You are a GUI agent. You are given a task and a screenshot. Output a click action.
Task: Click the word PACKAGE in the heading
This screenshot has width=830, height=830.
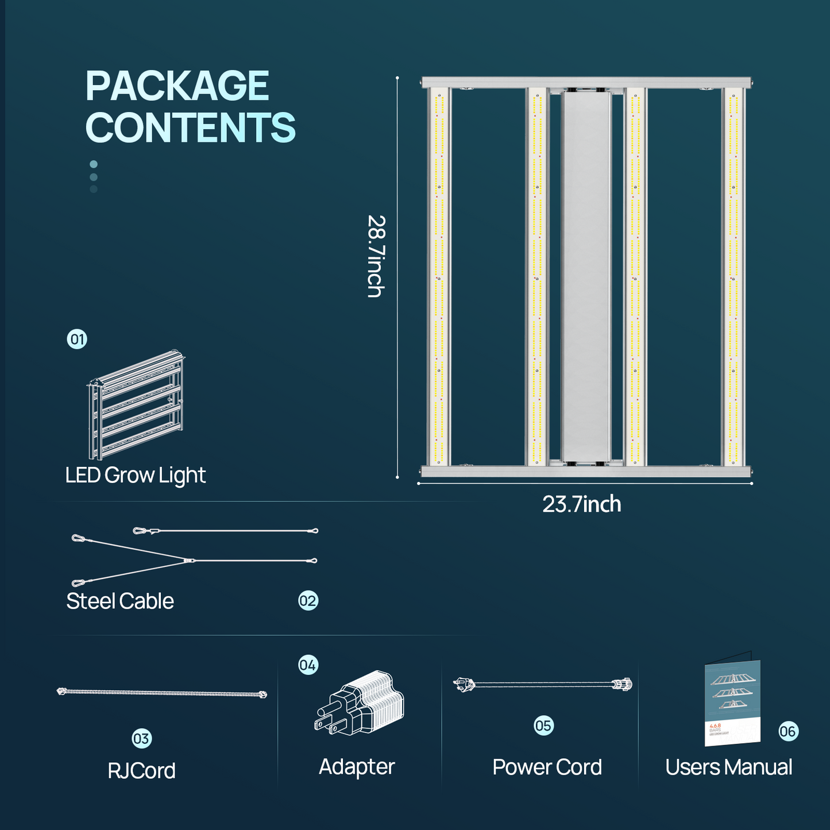(x=177, y=86)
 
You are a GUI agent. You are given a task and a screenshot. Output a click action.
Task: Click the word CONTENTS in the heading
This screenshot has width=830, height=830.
(x=190, y=128)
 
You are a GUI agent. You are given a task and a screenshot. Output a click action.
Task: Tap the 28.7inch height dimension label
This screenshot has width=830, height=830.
(x=376, y=256)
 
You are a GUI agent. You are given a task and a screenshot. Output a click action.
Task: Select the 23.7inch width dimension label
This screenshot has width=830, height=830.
(x=581, y=504)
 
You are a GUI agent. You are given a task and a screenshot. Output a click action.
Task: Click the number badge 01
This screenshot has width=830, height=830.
(x=77, y=339)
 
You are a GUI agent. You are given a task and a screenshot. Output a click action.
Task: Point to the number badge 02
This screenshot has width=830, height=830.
(x=308, y=601)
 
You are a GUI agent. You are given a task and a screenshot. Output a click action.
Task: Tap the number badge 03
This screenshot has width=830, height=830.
(x=141, y=739)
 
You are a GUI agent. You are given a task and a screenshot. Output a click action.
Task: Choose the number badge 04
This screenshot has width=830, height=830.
(x=308, y=665)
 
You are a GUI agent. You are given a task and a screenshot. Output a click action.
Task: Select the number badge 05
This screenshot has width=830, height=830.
(x=543, y=725)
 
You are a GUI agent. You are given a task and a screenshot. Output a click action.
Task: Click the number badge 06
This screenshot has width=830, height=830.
(x=788, y=731)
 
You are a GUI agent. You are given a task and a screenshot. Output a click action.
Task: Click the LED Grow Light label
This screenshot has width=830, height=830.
(x=135, y=476)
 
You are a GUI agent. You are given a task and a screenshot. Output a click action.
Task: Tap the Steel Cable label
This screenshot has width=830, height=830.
(x=120, y=601)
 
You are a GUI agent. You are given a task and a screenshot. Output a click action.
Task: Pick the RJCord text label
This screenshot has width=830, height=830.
(x=141, y=771)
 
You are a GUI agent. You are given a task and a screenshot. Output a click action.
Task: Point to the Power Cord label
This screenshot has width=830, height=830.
(x=547, y=767)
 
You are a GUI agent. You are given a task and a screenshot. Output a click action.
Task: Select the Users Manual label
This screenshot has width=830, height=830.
(x=728, y=767)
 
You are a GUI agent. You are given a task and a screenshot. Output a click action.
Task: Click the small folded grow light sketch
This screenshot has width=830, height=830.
(x=136, y=404)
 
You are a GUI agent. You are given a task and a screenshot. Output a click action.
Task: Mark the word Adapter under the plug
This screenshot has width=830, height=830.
(x=357, y=767)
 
